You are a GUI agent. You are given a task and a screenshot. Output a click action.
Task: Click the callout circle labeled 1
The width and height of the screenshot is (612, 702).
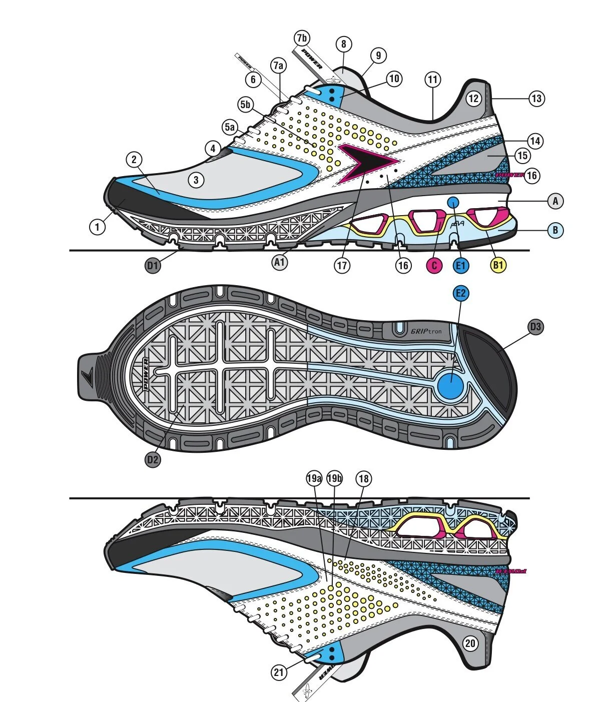point(98,227)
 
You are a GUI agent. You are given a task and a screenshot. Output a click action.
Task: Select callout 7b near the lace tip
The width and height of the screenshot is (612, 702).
point(302,38)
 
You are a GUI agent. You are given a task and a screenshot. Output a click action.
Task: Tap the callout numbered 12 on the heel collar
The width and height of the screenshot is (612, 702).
point(474,98)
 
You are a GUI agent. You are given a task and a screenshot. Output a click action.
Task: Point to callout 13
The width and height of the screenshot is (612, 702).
point(536,98)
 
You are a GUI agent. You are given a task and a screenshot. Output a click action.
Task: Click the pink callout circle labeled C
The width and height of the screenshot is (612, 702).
point(434,265)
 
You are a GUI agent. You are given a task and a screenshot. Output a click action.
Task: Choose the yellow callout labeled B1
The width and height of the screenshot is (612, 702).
point(497,265)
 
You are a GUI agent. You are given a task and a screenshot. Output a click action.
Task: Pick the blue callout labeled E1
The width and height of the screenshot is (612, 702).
point(461,265)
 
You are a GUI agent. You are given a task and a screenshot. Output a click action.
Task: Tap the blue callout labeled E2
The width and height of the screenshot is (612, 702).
point(461,293)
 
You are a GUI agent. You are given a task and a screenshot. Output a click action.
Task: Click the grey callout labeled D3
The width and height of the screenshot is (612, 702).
point(535,327)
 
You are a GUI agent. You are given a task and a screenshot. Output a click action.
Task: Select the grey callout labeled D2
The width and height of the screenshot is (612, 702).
point(153,459)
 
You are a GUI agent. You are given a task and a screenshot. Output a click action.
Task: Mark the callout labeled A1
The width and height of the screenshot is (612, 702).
point(280,262)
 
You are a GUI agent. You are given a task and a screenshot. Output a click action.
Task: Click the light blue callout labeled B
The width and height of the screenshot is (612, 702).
point(555,230)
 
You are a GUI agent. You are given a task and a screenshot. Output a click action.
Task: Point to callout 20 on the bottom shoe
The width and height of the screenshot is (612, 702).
point(470,643)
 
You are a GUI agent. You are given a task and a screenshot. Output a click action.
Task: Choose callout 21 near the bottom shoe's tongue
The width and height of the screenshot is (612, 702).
point(279,672)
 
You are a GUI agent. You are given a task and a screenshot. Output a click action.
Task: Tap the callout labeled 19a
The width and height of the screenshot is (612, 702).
point(314,479)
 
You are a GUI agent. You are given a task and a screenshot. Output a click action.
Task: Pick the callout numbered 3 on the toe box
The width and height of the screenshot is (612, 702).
point(196,180)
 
